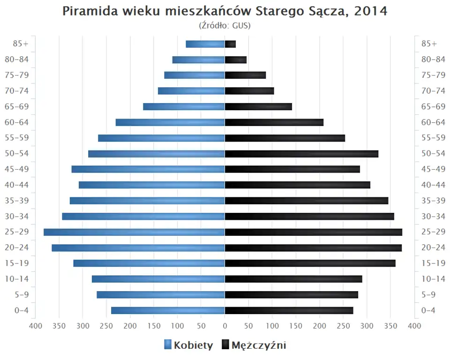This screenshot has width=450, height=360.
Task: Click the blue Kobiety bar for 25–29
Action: pyautogui.click(x=134, y=232)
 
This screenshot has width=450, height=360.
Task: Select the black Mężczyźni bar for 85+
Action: pyautogui.click(x=230, y=44)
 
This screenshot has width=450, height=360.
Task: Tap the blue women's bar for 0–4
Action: pyautogui.click(x=168, y=310)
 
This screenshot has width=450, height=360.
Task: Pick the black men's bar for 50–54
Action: pyautogui.click(x=301, y=154)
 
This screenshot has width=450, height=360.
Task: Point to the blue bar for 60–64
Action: pyautogui.click(x=170, y=122)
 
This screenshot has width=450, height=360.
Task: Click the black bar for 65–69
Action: pyautogui.click(x=258, y=107)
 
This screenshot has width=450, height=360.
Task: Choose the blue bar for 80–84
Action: pyautogui.click(x=199, y=60)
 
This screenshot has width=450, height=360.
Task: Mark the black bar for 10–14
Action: pyautogui.click(x=293, y=279)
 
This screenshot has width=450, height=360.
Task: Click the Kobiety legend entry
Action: pyautogui.click(x=188, y=345)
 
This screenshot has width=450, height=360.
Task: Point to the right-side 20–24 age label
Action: pyautogui.click(x=433, y=247)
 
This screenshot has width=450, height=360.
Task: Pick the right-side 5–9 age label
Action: pyautogui.click(x=429, y=295)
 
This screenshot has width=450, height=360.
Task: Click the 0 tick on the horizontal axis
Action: pyautogui.click(x=225, y=326)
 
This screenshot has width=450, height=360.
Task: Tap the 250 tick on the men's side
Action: pyautogui.click(x=344, y=326)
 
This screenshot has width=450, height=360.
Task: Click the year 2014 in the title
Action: pyautogui.click(x=371, y=11)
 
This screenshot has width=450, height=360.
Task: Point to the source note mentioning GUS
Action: pyautogui.click(x=225, y=25)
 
